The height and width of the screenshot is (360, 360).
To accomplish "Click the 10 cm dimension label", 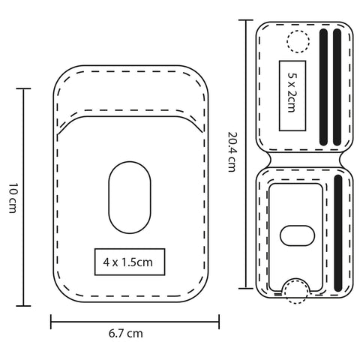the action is pos(13,198).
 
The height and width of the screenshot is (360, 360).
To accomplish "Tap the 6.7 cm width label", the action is pos(126,334).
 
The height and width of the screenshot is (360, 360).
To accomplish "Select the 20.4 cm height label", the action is pos(232,151).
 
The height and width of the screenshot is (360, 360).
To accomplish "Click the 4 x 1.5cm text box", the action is pos(130,262).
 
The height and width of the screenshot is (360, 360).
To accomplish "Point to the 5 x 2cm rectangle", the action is pos(292,96).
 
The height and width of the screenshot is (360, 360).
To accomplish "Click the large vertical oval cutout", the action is pos(130,197).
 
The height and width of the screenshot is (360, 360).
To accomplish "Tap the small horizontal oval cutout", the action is pos(297,235).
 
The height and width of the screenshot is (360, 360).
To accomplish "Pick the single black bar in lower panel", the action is pos(338,233).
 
